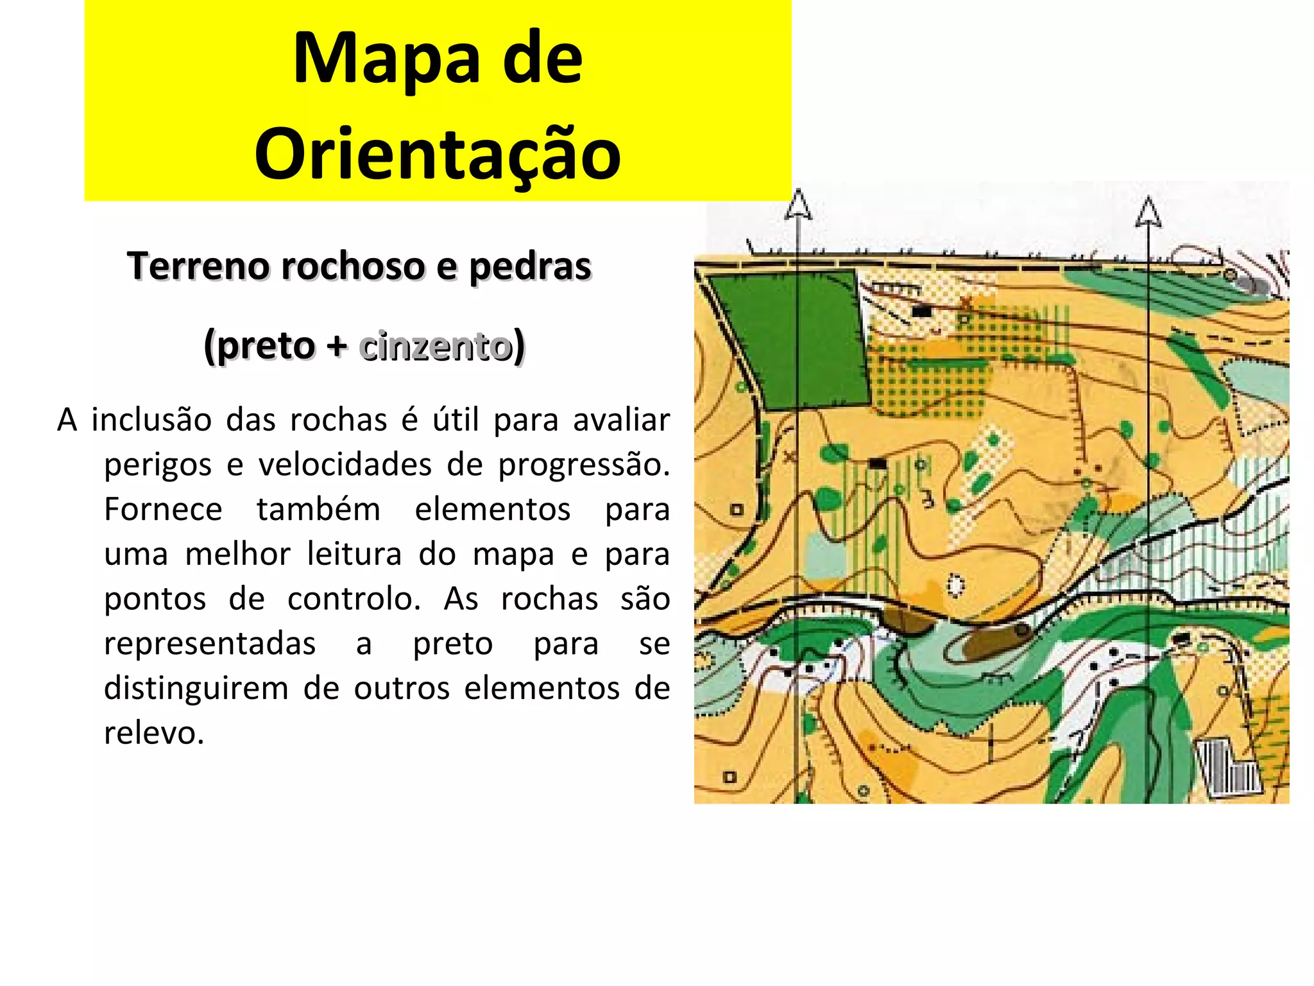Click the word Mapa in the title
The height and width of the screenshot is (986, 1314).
coord(386,59)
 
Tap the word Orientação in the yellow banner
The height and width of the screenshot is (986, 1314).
coord(438,155)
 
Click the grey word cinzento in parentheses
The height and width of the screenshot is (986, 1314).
coord(436,346)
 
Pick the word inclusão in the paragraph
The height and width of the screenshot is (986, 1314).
coord(151,420)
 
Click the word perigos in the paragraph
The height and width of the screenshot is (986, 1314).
coord(157,465)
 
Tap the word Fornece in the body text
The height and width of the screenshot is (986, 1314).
coord(163,510)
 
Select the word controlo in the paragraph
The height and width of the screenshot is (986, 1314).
coord(354,599)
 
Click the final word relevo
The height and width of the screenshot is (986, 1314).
coord(154,733)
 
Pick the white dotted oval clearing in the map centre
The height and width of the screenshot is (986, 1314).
coord(956,585)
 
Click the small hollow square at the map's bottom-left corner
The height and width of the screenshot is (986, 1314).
coord(730,777)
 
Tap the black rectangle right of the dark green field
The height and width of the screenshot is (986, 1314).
coord(921,312)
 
